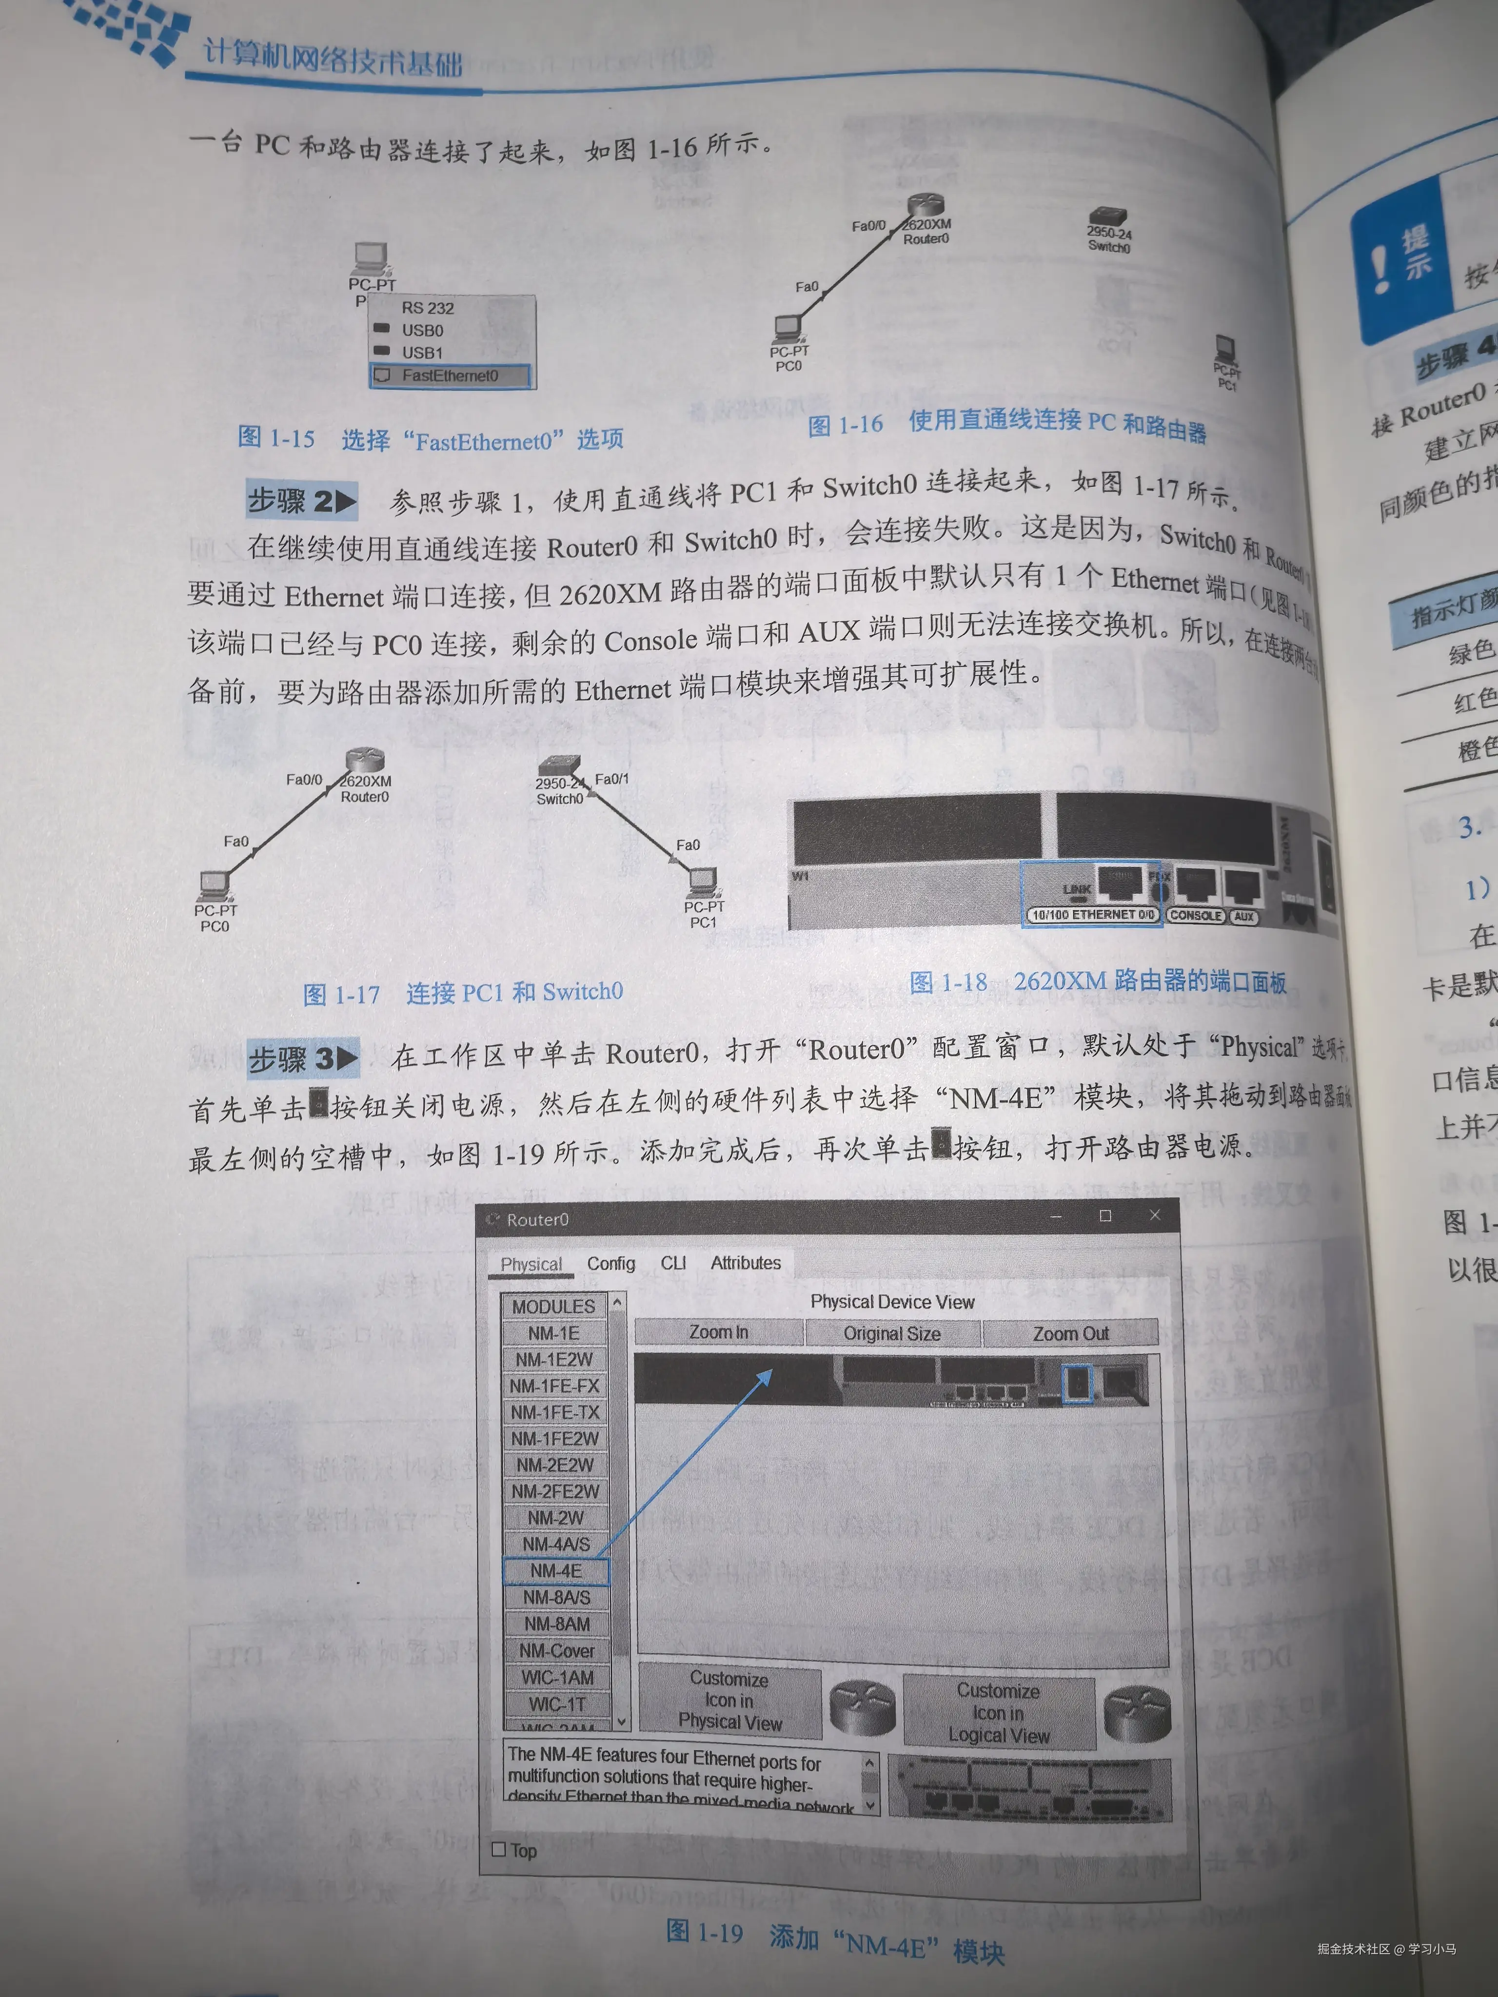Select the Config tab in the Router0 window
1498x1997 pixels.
[x=611, y=1263]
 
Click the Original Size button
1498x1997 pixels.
[x=892, y=1333]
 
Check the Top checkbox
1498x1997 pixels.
[x=498, y=1849]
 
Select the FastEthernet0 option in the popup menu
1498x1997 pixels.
[x=450, y=375]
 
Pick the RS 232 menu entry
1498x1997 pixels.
[x=428, y=308]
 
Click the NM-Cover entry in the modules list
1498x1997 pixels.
[x=557, y=1650]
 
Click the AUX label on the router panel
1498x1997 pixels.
[x=1244, y=916]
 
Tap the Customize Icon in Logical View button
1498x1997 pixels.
[x=999, y=1713]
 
